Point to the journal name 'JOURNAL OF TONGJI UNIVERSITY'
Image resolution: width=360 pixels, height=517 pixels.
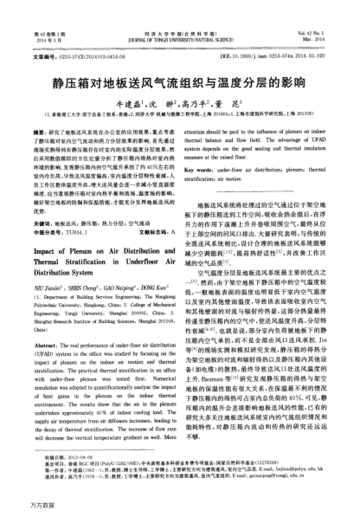tap(182, 15)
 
